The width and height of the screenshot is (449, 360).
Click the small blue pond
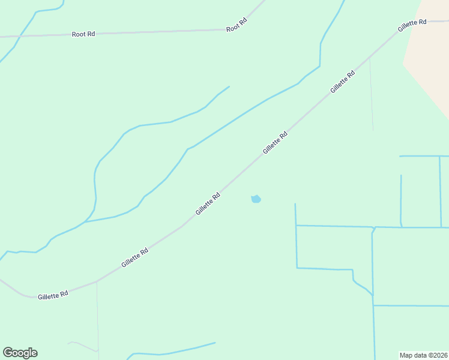click(256, 199)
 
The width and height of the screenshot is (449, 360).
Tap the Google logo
click(20, 353)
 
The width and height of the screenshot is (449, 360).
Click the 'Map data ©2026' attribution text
click(424, 355)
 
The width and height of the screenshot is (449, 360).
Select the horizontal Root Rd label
click(83, 34)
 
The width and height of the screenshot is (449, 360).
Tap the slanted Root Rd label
click(237, 25)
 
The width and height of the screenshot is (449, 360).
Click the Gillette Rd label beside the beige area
click(412, 25)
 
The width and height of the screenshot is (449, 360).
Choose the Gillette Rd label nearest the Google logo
click(53, 295)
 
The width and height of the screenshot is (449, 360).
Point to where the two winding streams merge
click(85, 221)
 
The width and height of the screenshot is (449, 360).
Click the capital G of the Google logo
click(8, 353)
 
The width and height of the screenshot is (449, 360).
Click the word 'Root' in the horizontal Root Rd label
click(79, 34)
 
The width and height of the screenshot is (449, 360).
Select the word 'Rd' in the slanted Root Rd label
click(243, 21)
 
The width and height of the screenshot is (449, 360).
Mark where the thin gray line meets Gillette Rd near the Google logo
click(97, 281)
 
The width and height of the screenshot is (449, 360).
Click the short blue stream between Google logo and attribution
click(174, 350)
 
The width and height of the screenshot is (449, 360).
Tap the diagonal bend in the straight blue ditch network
click(361, 286)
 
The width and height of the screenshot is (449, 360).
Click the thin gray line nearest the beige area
click(372, 96)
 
